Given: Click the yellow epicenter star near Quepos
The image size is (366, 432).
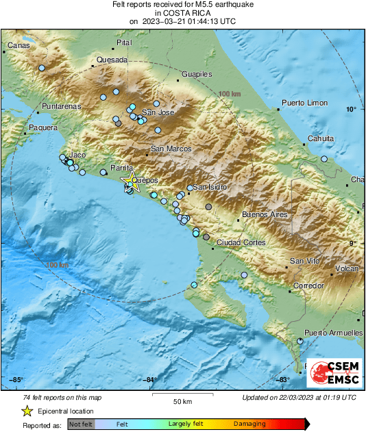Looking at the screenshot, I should [130, 181].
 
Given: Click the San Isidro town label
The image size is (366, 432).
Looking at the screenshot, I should [210, 187].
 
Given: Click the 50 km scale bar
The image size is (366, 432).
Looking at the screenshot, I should [181, 396].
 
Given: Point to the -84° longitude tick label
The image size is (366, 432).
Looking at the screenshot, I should [150, 381].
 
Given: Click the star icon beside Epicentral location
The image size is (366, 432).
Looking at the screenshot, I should [27, 411].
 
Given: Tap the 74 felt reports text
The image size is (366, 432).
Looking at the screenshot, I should [62, 397].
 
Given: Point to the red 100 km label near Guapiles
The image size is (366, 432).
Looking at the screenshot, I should [230, 93].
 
